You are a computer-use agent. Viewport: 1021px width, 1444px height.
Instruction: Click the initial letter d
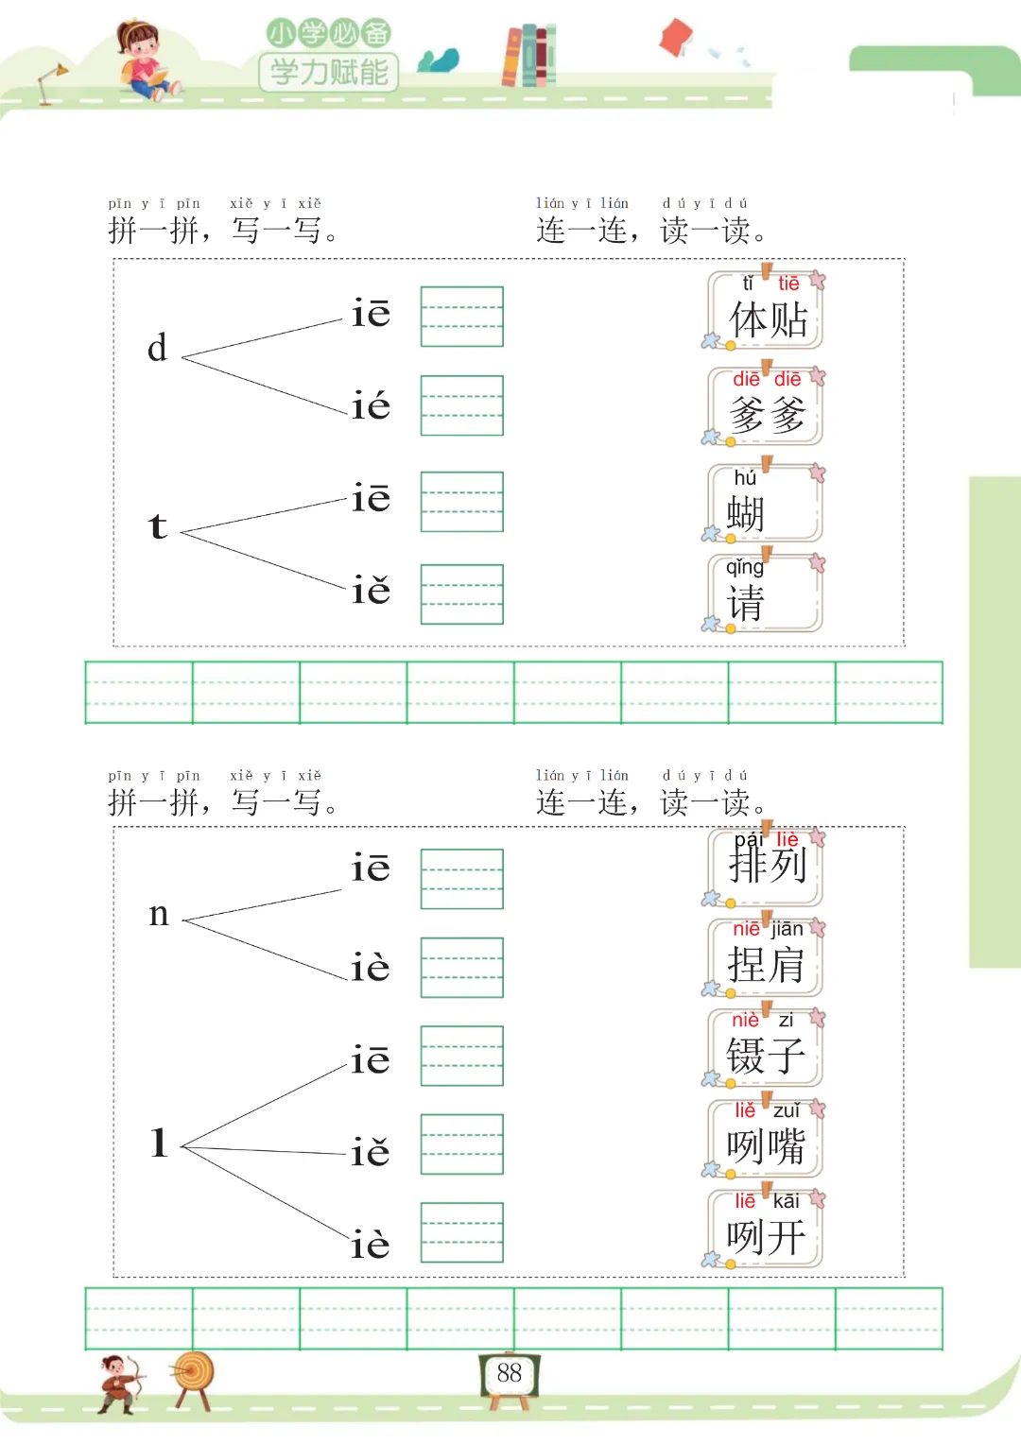[x=157, y=349]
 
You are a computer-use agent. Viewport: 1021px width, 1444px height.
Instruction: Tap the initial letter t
[x=158, y=526]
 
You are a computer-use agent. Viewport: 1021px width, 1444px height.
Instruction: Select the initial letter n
[x=159, y=914]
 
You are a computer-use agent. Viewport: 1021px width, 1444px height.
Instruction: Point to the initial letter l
[x=159, y=1143]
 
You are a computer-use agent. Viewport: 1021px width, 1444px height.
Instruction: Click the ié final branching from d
[x=371, y=406]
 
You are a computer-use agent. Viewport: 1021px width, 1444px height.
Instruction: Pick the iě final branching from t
[x=371, y=591]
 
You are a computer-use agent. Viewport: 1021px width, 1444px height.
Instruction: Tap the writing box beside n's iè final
[x=461, y=968]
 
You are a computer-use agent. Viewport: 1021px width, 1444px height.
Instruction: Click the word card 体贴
[x=766, y=311]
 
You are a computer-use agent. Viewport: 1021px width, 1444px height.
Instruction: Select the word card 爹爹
[x=766, y=406]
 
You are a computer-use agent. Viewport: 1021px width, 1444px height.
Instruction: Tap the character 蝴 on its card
[x=745, y=515]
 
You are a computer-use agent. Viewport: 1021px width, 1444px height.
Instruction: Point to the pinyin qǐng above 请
[x=745, y=567]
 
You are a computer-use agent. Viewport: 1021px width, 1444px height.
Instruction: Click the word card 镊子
[x=766, y=1047]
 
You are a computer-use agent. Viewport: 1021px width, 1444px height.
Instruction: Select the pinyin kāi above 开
[x=786, y=1200]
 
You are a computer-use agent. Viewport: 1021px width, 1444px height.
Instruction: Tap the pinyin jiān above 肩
[x=787, y=929]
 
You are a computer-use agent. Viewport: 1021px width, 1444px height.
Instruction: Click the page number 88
[x=509, y=1373]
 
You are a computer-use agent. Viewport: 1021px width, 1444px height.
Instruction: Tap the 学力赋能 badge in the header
[x=329, y=71]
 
